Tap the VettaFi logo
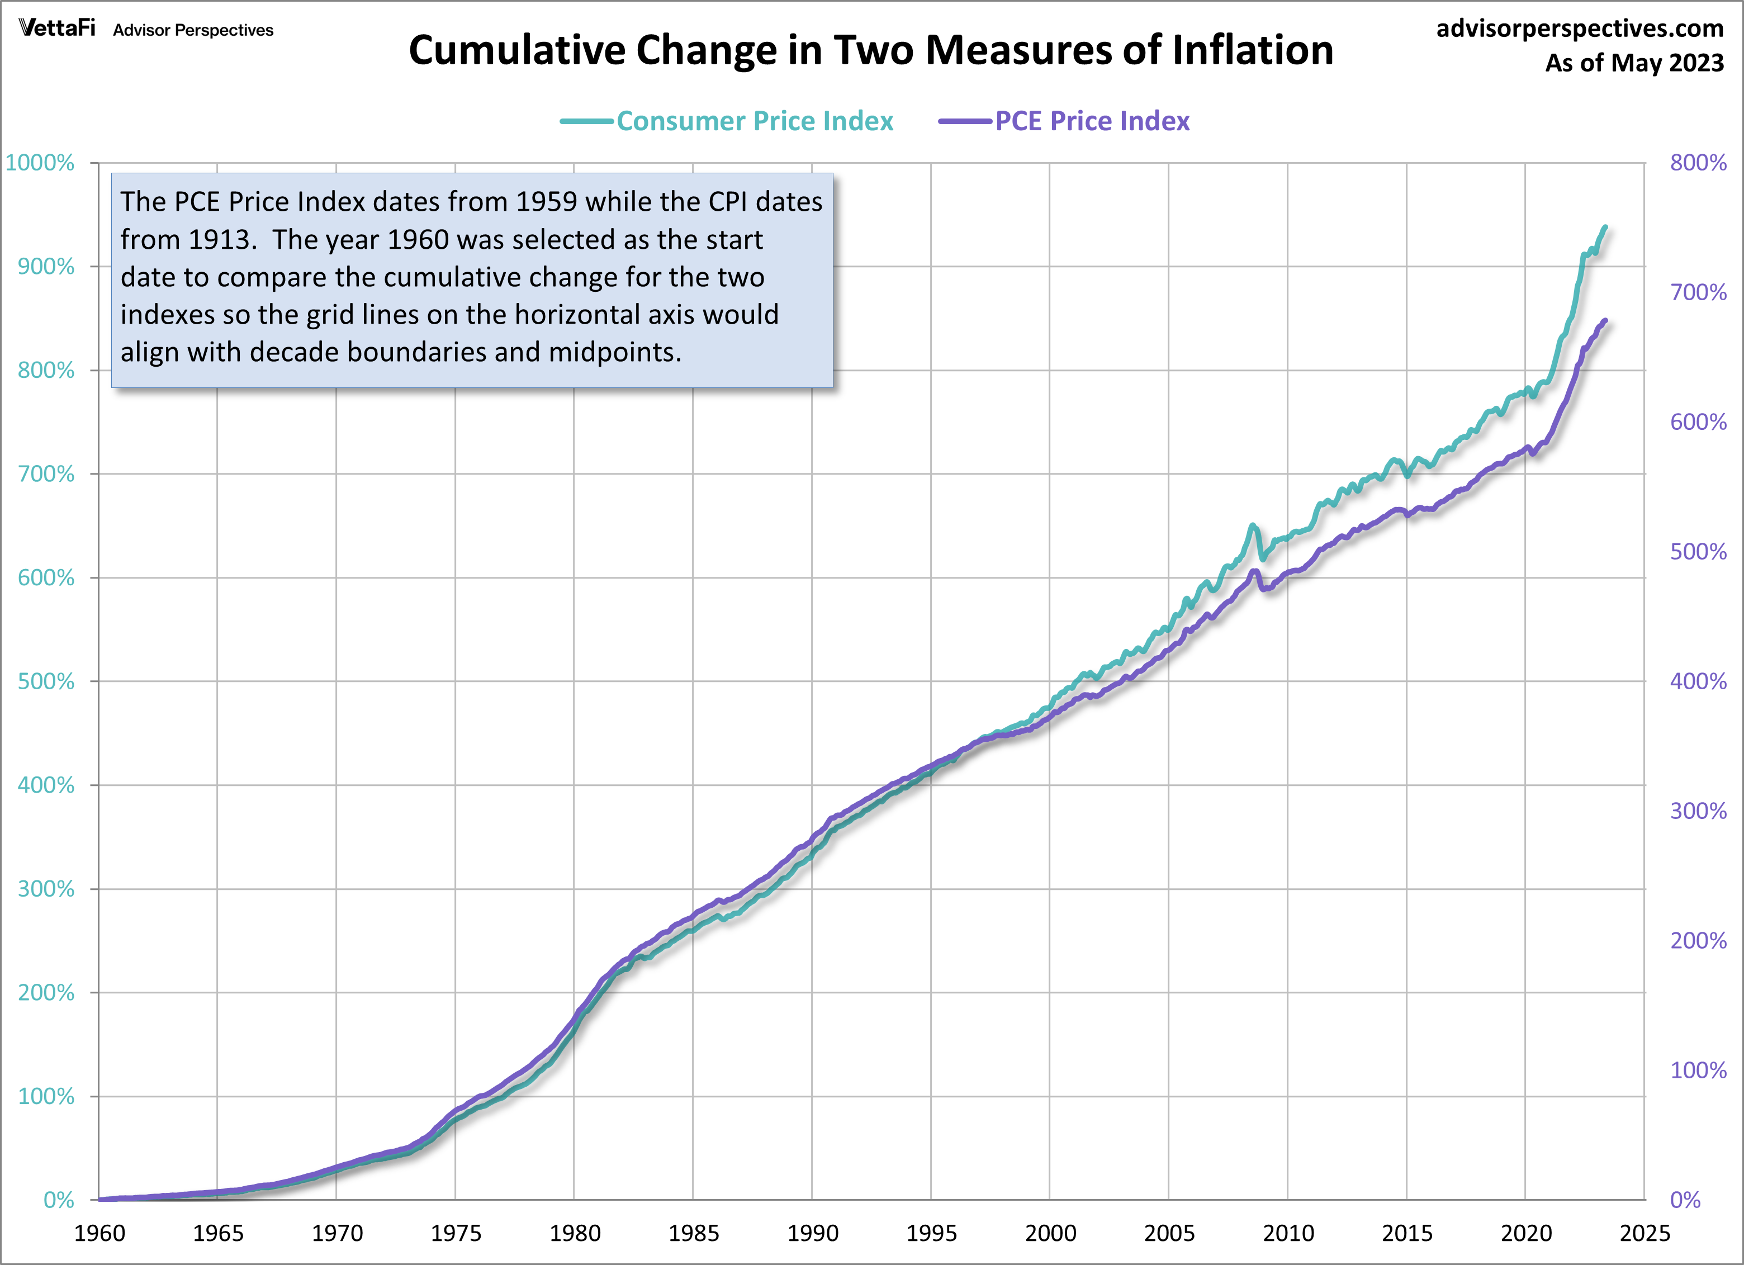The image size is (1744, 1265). (57, 29)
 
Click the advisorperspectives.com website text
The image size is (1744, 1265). (1580, 29)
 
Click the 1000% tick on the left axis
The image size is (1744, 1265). (40, 163)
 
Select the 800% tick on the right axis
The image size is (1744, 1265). (1698, 163)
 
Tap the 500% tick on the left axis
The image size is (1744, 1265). (46, 681)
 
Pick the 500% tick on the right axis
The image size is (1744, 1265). (1698, 551)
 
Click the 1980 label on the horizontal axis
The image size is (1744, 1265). (575, 1234)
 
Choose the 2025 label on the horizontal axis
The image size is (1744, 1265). (1644, 1234)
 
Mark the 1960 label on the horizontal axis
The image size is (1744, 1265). (99, 1234)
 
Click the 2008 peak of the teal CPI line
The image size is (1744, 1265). (1253, 525)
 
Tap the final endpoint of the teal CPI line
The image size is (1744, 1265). (1605, 227)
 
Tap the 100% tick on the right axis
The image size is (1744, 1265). (1698, 1070)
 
